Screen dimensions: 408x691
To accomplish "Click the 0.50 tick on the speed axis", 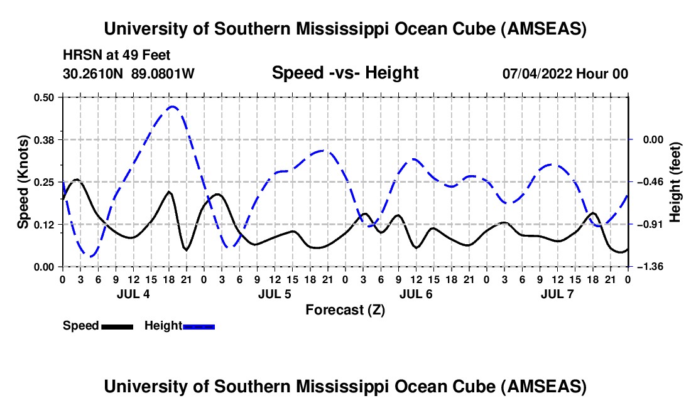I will pyautogui.click(x=46, y=97).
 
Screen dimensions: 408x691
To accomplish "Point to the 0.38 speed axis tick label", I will pyautogui.click(x=46, y=139).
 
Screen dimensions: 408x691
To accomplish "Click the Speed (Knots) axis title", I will pyautogui.click(x=23, y=182).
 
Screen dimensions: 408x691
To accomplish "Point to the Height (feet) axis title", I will pyautogui.click(x=675, y=182).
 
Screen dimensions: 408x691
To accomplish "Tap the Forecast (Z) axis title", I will pyautogui.click(x=345, y=309).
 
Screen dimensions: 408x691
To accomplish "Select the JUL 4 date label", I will pyautogui.click(x=133, y=294).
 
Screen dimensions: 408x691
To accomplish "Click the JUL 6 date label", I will pyautogui.click(x=416, y=294).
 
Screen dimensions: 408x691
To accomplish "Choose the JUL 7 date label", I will pyautogui.click(x=557, y=294).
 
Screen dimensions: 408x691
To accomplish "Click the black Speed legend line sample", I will pyautogui.click(x=117, y=326).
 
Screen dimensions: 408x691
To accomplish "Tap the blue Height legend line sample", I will pyautogui.click(x=199, y=326).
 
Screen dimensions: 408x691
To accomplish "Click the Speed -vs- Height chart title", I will pyautogui.click(x=345, y=73).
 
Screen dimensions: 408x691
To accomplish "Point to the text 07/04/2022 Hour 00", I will pyautogui.click(x=565, y=73).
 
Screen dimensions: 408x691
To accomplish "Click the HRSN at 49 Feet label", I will pyautogui.click(x=117, y=56).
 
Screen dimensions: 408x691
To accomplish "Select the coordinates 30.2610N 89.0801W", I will pyautogui.click(x=129, y=73).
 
